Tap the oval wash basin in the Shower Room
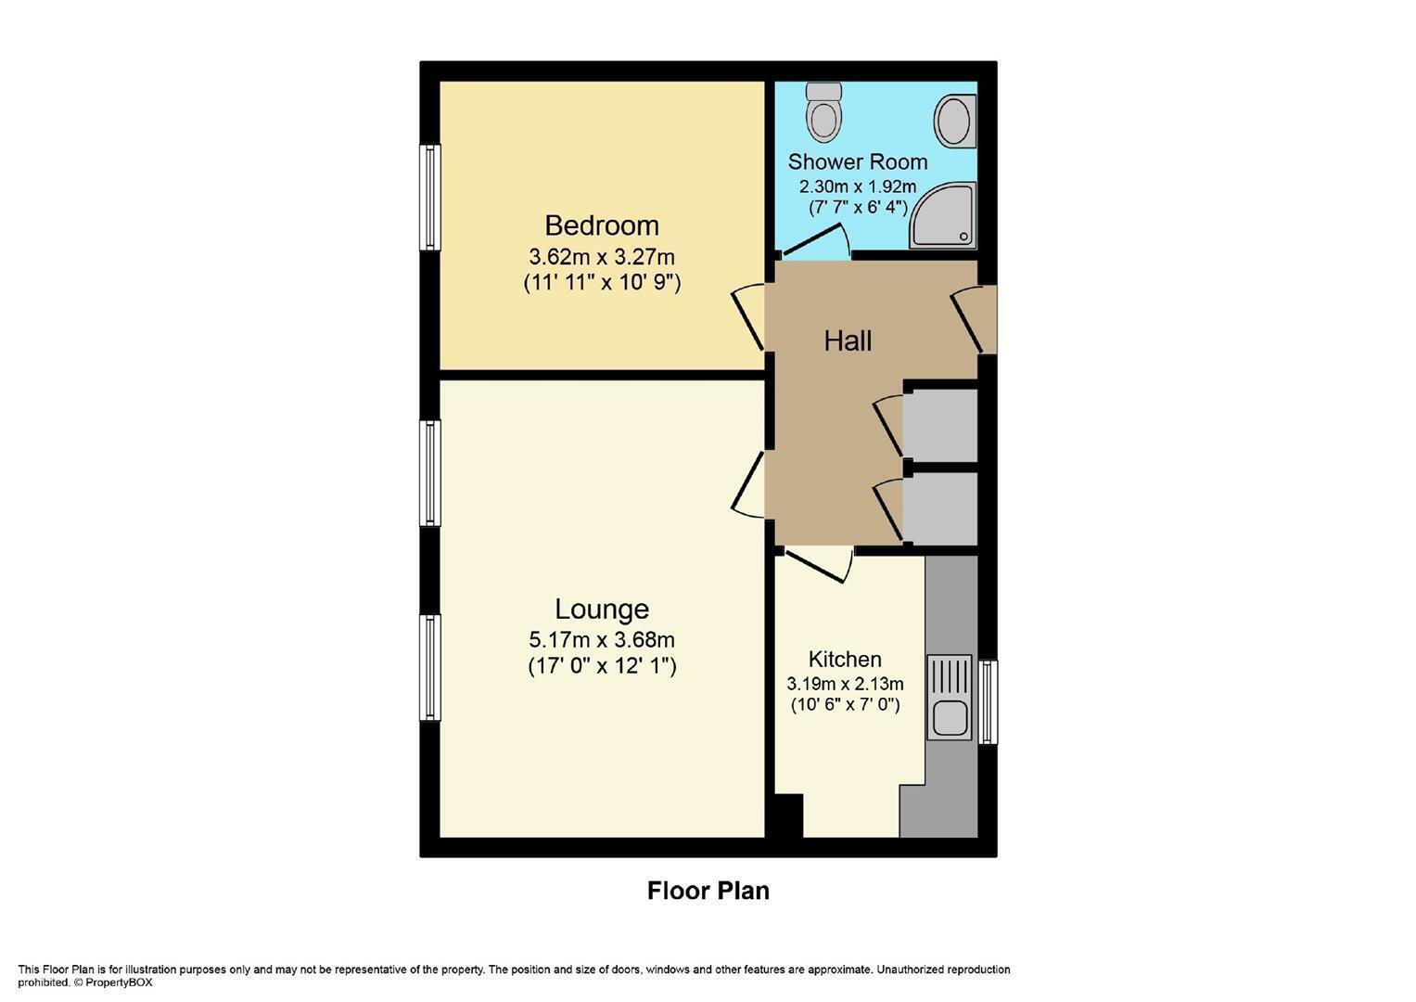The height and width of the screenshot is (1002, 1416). pyautogui.click(x=955, y=121)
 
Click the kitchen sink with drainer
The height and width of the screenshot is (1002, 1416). pyautogui.click(x=950, y=697)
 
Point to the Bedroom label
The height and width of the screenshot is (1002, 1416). pyautogui.click(x=602, y=225)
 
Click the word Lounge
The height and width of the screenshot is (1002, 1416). pyautogui.click(x=602, y=609)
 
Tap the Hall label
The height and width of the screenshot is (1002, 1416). pyautogui.click(x=848, y=341)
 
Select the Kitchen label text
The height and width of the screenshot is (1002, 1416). pyautogui.click(x=845, y=659)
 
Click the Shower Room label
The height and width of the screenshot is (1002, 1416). pyautogui.click(x=858, y=162)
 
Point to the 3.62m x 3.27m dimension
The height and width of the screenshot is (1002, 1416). pyautogui.click(x=602, y=257)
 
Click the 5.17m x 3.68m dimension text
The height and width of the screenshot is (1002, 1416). pyautogui.click(x=602, y=639)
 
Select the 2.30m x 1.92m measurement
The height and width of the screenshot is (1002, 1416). pyautogui.click(x=858, y=186)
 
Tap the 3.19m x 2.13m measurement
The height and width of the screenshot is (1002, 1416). pyautogui.click(x=845, y=684)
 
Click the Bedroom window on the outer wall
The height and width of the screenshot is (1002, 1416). pyautogui.click(x=430, y=198)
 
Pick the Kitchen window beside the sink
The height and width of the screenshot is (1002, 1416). pyautogui.click(x=988, y=702)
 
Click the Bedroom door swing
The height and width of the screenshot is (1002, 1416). pyautogui.click(x=747, y=316)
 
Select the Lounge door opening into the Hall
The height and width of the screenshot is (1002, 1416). pyautogui.click(x=747, y=484)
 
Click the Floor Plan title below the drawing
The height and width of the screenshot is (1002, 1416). pyautogui.click(x=708, y=891)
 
